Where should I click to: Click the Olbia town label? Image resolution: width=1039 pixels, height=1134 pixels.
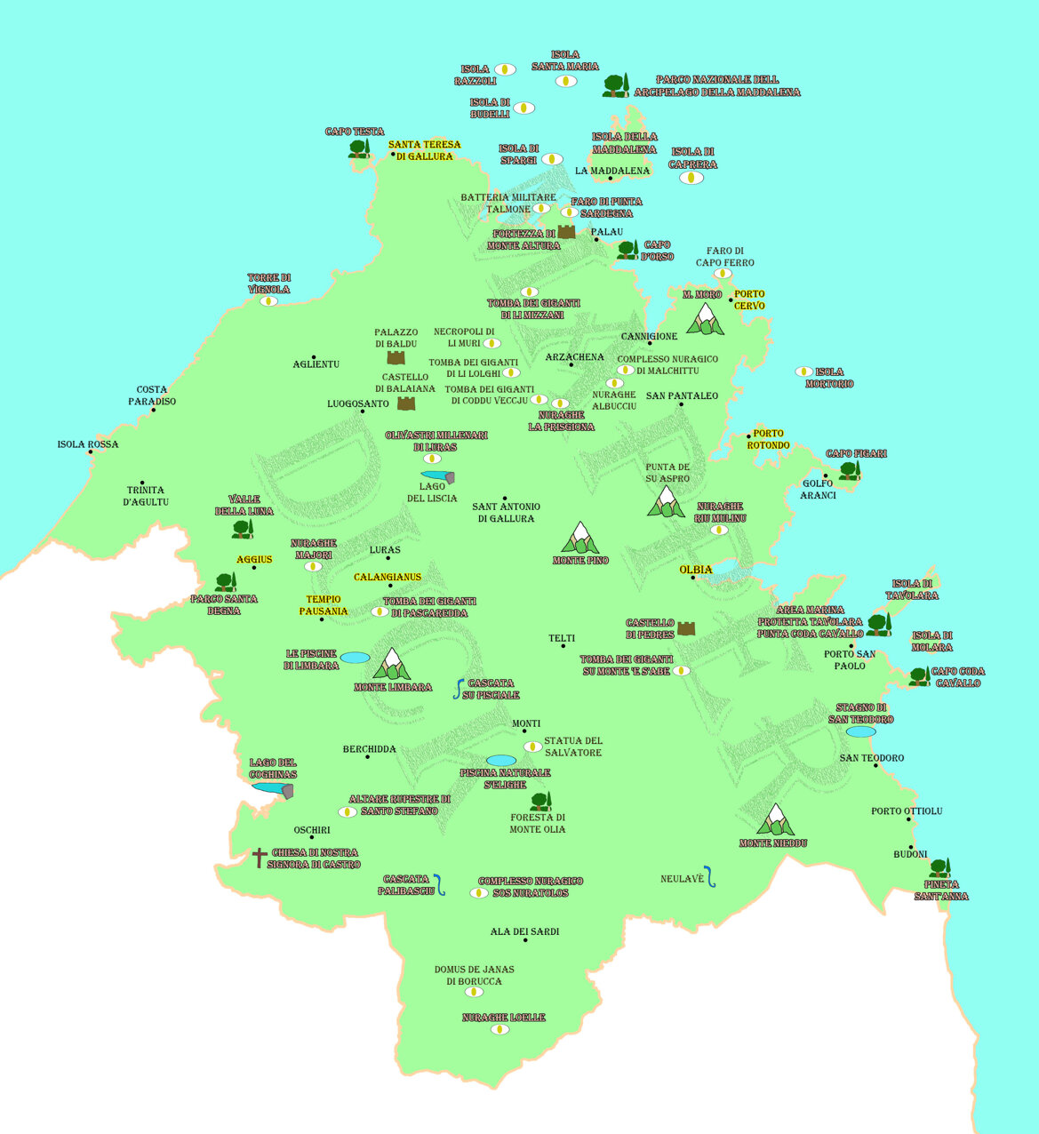pyautogui.click(x=696, y=570)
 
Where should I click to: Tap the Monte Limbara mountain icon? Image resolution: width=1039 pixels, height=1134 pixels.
pyautogui.click(x=391, y=664)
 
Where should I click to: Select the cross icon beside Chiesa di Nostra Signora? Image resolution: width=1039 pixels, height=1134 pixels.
pyautogui.click(x=259, y=858)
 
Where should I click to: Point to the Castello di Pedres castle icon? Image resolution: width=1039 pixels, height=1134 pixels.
pyautogui.click(x=686, y=628)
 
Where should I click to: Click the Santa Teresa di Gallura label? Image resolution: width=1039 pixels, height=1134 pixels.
pyautogui.click(x=424, y=150)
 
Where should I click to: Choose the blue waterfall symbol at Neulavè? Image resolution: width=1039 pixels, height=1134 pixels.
pyautogui.click(x=710, y=876)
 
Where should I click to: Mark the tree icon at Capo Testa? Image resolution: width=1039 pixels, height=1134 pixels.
pyautogui.click(x=358, y=148)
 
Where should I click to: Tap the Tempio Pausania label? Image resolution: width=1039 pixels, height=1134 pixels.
pyautogui.click(x=324, y=605)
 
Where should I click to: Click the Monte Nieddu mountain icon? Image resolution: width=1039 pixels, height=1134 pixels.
pyautogui.click(x=775, y=820)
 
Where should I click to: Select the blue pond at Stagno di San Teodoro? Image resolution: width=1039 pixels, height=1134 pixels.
pyautogui.click(x=860, y=731)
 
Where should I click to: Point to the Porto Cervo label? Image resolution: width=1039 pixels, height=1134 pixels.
pyautogui.click(x=749, y=299)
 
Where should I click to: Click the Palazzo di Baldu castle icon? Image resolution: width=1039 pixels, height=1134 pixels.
pyautogui.click(x=396, y=357)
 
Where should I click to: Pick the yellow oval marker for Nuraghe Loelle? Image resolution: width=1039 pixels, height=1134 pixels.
pyautogui.click(x=500, y=1029)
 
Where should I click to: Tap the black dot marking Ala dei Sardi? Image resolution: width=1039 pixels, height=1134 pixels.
pyautogui.click(x=525, y=940)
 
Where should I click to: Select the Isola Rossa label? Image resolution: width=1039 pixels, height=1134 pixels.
pyautogui.click(x=87, y=444)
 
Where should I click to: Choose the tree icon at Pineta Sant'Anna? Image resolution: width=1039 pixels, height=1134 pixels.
pyautogui.click(x=939, y=867)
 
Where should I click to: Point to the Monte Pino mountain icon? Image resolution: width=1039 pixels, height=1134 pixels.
pyautogui.click(x=580, y=538)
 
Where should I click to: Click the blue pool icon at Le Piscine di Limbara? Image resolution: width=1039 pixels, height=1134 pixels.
pyautogui.click(x=355, y=658)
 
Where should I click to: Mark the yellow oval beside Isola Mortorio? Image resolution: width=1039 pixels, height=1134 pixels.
pyautogui.click(x=803, y=371)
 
